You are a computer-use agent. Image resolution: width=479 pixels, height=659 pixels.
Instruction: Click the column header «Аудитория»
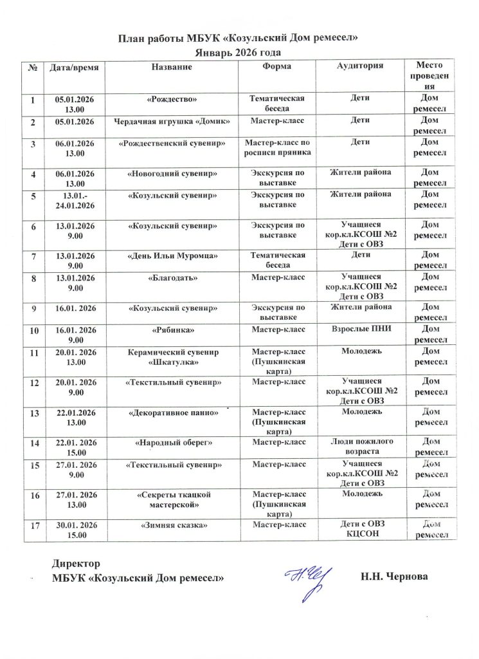361,66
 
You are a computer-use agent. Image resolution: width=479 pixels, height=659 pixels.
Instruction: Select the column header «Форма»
277,66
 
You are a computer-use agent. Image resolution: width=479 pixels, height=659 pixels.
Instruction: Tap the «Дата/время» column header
71,67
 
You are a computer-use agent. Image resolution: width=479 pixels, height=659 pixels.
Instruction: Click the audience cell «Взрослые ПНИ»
361,329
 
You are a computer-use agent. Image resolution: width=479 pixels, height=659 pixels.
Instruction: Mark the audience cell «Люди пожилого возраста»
361,447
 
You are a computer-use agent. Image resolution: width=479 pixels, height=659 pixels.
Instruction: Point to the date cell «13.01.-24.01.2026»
71,200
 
